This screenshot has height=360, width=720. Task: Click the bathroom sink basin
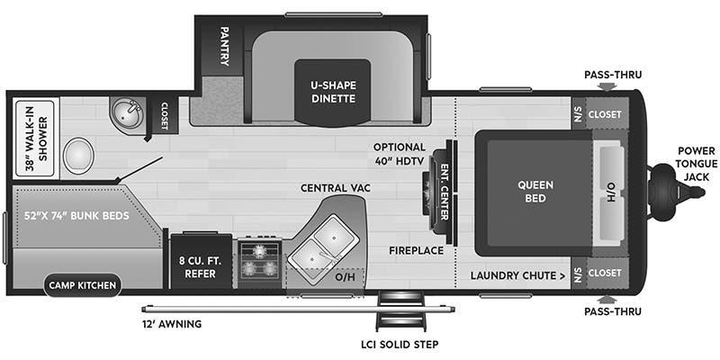[126, 113]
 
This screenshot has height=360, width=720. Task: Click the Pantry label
[225, 46]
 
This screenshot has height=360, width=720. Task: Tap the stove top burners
[259, 259]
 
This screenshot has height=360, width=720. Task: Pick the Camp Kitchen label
[82, 286]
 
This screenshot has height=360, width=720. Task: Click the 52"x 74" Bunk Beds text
[76, 216]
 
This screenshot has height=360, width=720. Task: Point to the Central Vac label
[336, 187]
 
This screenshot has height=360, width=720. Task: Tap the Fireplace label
[417, 249]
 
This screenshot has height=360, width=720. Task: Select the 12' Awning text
[171, 323]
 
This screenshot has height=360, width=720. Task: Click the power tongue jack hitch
[668, 192]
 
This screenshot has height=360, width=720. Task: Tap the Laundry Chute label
[517, 274]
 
